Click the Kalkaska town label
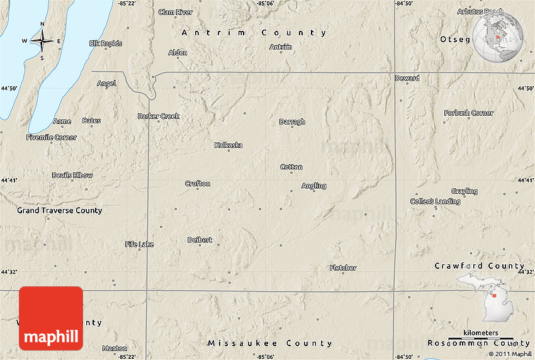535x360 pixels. point(228,145)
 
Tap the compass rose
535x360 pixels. point(42,42)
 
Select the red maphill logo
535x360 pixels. point(51,318)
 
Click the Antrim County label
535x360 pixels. point(254,33)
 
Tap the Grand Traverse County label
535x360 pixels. point(59,211)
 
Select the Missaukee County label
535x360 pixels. point(269,344)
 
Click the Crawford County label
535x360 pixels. point(480,266)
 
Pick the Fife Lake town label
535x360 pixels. point(139,244)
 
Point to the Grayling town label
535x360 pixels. point(464,191)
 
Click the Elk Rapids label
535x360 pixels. point(106,43)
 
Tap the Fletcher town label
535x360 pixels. point(343,268)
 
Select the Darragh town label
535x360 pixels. point(292,122)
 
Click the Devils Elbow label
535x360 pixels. point(72,176)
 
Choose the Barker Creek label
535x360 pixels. point(159,116)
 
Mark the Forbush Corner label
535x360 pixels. point(468,113)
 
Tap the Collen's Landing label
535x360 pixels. point(435,201)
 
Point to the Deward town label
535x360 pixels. point(407,79)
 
